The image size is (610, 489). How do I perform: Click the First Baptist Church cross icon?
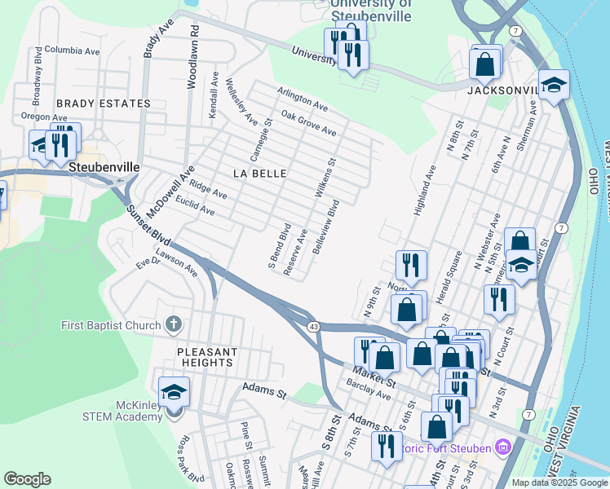tap(172, 325)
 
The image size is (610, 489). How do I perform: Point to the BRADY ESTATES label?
tap(104, 104)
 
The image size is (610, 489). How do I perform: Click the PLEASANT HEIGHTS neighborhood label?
tap(207, 357)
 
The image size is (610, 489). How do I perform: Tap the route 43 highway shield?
tap(313, 327)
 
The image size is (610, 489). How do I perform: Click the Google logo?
tap(27, 479)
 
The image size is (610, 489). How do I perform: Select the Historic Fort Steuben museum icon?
tap(503, 447)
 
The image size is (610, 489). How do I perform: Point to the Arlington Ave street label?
tap(303, 101)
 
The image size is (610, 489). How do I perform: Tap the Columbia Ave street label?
tap(72, 50)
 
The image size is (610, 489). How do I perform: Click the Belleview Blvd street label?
tap(326, 231)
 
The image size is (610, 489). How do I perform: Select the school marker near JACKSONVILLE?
tap(555, 86)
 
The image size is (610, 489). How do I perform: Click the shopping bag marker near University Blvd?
tap(486, 64)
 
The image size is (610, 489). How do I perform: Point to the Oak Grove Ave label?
tap(308, 124)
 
